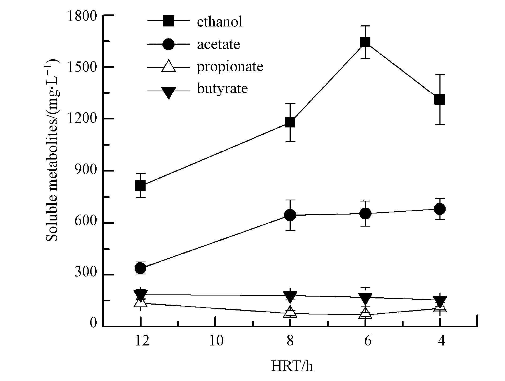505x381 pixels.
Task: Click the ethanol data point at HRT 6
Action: coord(365,42)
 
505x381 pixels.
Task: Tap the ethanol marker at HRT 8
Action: coord(290,122)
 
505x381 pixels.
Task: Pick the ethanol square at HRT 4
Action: coord(440,100)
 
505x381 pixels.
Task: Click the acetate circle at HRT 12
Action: coord(140,268)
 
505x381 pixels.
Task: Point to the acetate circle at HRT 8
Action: coord(290,215)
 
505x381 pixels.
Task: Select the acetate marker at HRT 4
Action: coord(440,209)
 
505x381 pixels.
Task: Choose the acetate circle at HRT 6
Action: coord(365,213)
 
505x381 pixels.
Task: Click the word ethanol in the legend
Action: coord(220,22)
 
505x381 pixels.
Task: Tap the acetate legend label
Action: coord(218,44)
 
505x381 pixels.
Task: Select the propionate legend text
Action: coord(230,67)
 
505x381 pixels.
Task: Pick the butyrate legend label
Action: coord(222,88)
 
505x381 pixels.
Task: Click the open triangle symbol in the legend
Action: coord(169,66)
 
